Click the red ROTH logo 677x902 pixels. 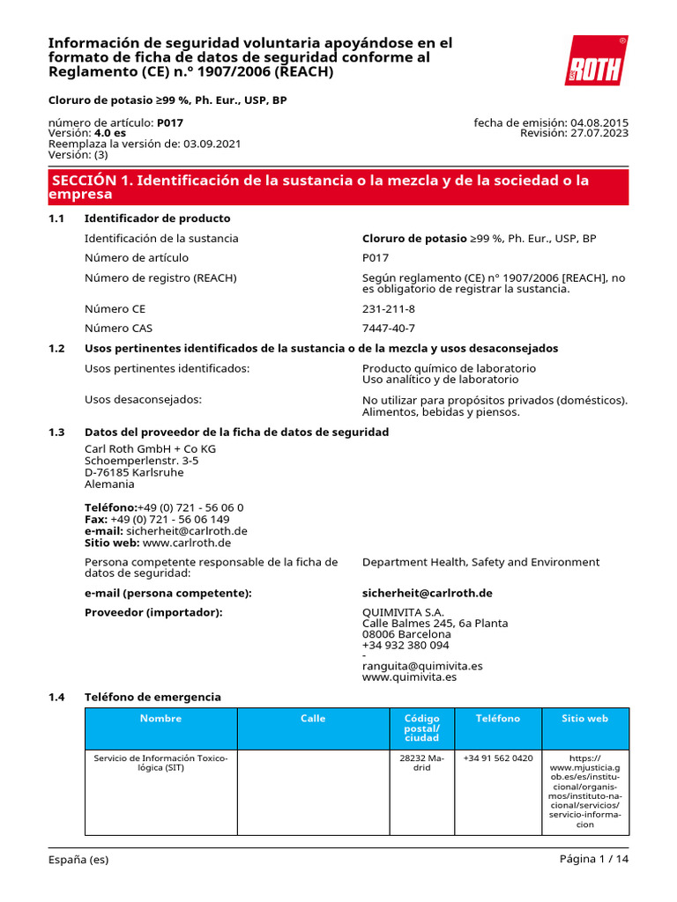point(597,62)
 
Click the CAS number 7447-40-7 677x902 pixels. point(388,329)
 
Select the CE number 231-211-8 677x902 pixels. point(388,309)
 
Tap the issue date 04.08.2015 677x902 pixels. point(599,122)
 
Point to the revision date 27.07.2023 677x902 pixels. point(599,133)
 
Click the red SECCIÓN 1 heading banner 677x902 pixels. point(338,187)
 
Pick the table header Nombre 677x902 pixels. point(160,719)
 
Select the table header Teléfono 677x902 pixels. point(498,719)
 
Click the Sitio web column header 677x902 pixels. point(585,719)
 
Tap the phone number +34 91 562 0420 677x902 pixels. point(498,758)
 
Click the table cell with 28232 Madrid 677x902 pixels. point(422,763)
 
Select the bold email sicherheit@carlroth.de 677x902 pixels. point(427,593)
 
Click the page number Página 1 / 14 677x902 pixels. point(594,860)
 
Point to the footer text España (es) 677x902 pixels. point(78,860)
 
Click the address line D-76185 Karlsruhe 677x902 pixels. point(134,472)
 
